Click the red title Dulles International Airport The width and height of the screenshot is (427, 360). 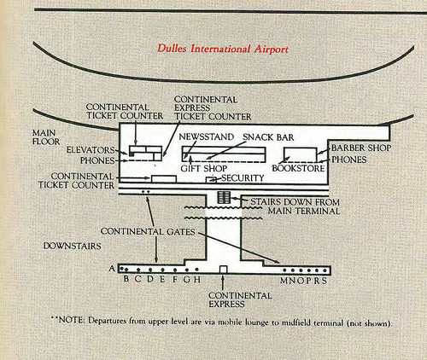(223, 49)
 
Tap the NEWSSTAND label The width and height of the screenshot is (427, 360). (206, 136)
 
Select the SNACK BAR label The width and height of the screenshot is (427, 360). (268, 137)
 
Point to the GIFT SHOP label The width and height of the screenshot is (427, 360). (204, 168)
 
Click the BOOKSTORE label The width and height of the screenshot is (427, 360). (298, 168)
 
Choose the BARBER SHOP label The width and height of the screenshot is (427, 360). (361, 148)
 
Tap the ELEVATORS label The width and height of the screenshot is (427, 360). (91, 150)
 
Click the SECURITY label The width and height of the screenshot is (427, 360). (243, 178)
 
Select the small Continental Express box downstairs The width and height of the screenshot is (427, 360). (224, 270)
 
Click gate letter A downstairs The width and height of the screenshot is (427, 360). (112, 268)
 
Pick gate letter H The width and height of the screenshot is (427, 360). (197, 279)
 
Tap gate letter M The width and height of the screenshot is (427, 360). (284, 281)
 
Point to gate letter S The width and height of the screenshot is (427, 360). (324, 281)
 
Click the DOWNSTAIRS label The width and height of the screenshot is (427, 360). (73, 246)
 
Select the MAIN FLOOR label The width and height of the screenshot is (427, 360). (46, 137)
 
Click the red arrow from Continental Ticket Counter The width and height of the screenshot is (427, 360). (136, 132)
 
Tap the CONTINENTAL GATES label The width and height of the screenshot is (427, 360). (148, 231)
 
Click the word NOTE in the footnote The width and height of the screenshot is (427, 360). (71, 320)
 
